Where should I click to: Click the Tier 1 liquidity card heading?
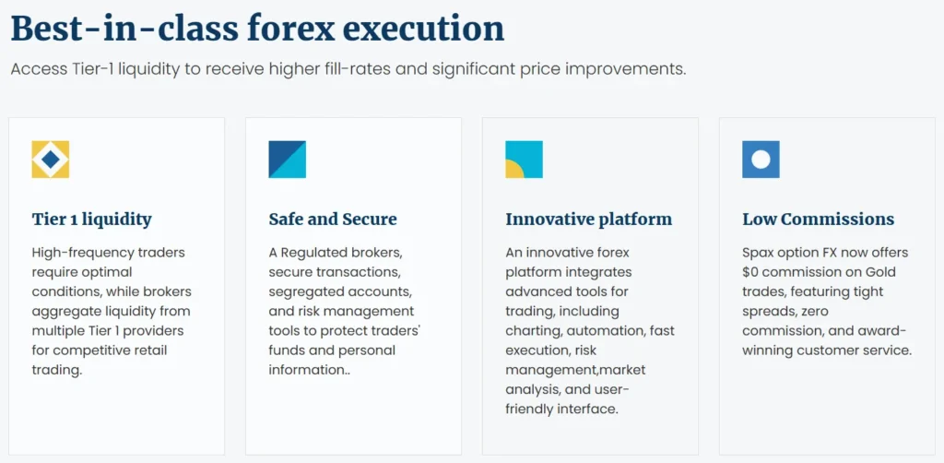click(x=91, y=220)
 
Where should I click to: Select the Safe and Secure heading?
click(x=333, y=220)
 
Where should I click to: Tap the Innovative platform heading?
click(x=588, y=220)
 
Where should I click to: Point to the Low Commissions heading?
click(x=818, y=220)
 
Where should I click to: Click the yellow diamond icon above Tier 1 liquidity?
click(x=50, y=160)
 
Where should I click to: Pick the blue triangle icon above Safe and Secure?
click(x=287, y=160)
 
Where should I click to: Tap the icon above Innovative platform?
click(x=524, y=160)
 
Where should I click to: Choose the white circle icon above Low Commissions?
click(x=761, y=160)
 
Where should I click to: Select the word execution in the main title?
click(x=428, y=29)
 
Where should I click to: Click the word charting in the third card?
click(x=534, y=331)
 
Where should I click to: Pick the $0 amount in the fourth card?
click(x=753, y=272)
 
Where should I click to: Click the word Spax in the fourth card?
click(x=759, y=253)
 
